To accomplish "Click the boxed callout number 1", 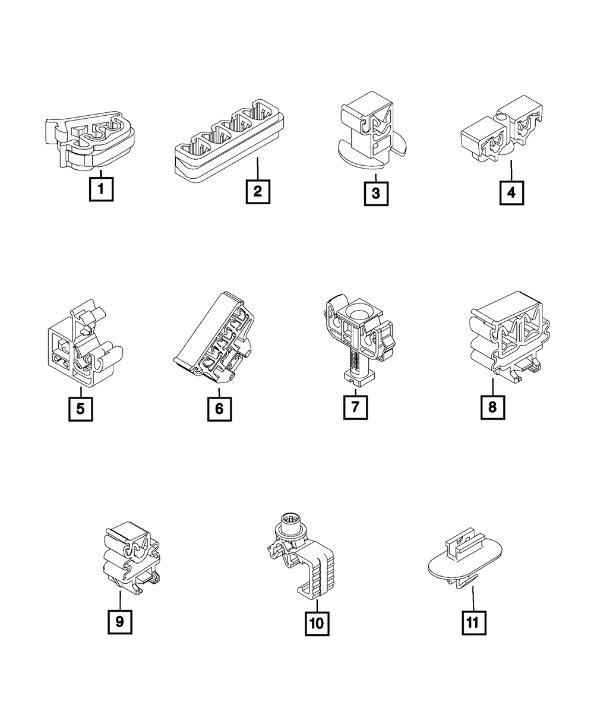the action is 101,189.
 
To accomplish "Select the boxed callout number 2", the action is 258,192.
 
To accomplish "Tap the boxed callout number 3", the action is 376,194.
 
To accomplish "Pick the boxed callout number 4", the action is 511,192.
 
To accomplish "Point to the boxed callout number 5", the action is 80,409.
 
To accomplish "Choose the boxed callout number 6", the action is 219,409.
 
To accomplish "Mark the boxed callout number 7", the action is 355,407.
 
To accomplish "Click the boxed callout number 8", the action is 493,407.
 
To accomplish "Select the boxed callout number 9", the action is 120,622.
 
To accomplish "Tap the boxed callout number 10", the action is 317,623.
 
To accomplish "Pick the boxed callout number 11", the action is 474,622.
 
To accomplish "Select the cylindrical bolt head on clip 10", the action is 290,532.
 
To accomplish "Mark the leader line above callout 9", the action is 120,600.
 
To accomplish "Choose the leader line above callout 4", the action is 511,170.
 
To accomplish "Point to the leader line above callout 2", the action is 258,169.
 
